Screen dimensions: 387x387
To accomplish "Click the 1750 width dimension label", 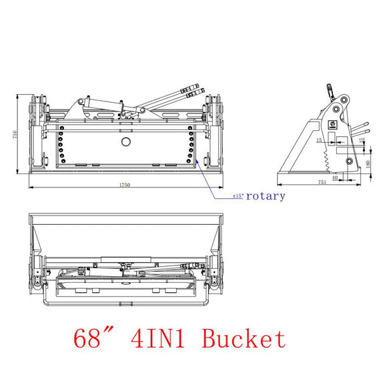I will (125, 184).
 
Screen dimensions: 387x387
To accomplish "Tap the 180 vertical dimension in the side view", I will (368, 164).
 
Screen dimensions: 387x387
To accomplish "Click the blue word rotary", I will (266, 196).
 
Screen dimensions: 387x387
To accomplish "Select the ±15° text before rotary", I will (238, 197).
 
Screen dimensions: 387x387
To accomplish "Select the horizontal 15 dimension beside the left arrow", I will (320, 140).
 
